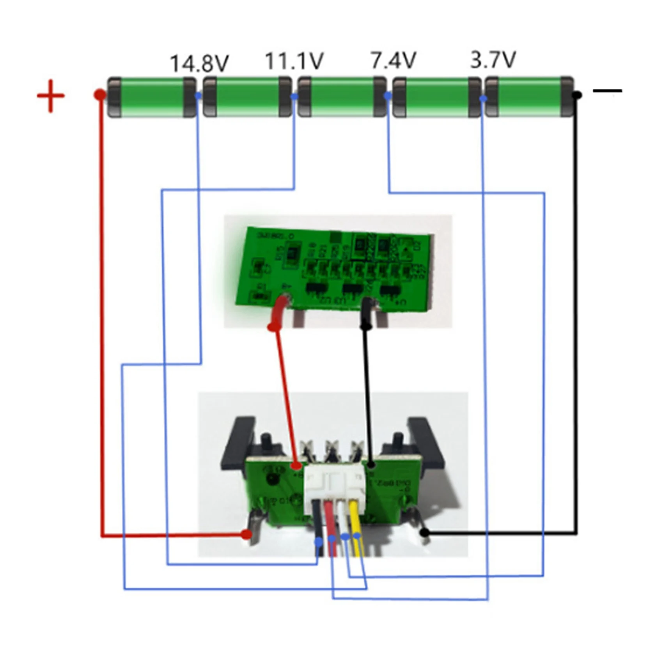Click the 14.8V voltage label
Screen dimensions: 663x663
point(199,64)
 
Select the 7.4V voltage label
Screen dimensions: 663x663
point(393,60)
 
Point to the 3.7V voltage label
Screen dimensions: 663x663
point(493,60)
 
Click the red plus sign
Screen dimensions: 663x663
point(51,96)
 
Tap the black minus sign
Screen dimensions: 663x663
point(607,91)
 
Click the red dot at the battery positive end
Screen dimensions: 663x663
point(100,94)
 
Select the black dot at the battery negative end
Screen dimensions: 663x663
point(577,95)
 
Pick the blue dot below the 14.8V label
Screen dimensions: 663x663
point(198,96)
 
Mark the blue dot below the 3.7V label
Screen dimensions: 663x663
point(483,98)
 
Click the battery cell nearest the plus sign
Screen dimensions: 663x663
point(152,97)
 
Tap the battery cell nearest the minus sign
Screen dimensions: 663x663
point(530,97)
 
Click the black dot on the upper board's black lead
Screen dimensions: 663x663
point(365,325)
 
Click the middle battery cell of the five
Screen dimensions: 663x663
point(342,97)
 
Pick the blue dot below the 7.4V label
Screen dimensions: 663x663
point(387,96)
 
